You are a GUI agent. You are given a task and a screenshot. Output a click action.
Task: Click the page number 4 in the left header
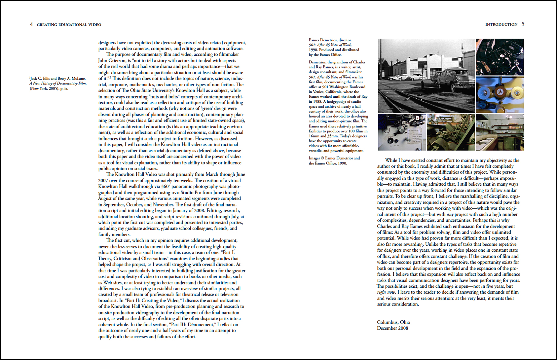click(31, 24)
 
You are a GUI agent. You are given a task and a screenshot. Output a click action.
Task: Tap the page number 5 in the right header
click(523, 24)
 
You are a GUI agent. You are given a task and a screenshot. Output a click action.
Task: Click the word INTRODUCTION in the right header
click(501, 24)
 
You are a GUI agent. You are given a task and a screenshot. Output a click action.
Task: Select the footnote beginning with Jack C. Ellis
click(58, 83)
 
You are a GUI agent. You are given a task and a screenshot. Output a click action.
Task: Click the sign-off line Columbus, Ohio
click(393, 322)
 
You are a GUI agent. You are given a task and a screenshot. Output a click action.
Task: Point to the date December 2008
click(392, 328)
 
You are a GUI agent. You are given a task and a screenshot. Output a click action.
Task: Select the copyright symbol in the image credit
click(322, 158)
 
